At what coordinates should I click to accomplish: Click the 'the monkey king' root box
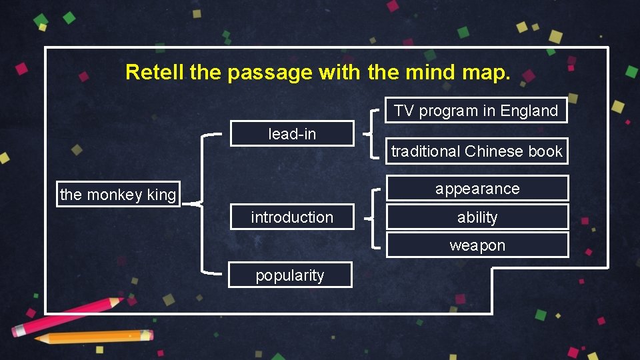[x=118, y=195]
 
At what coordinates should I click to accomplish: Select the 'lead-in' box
[x=292, y=134]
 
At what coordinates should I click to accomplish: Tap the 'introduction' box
[x=292, y=217]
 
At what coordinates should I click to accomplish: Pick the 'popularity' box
[x=290, y=275]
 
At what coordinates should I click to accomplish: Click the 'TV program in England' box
[x=476, y=111]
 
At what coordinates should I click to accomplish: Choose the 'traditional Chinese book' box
[x=477, y=151]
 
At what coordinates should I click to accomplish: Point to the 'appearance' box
[x=477, y=189]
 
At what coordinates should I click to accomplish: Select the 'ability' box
[x=477, y=217]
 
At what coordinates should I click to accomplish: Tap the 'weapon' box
[x=477, y=245]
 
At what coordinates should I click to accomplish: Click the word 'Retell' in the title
[x=155, y=72]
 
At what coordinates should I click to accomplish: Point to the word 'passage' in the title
[x=269, y=72]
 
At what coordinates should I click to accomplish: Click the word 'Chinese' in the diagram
[x=494, y=151]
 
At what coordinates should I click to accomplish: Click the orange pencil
[x=93, y=336]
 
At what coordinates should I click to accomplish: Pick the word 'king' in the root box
[x=161, y=195]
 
